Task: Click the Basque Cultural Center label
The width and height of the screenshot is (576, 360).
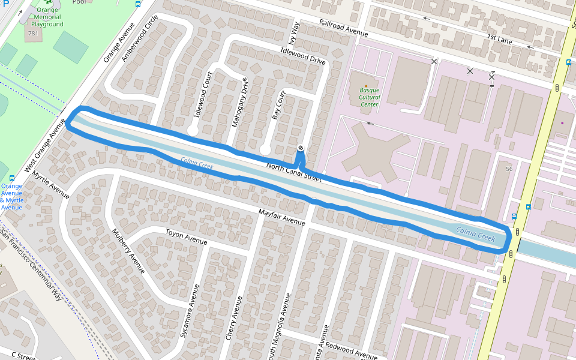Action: [x=370, y=97]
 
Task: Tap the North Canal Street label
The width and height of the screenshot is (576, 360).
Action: [x=293, y=172]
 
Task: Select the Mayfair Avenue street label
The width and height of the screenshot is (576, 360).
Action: [x=282, y=217]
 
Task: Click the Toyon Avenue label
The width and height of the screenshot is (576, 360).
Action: [x=186, y=237]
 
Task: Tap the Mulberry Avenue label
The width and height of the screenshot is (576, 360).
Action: [x=129, y=250]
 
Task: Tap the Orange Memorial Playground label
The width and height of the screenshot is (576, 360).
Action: [x=48, y=17]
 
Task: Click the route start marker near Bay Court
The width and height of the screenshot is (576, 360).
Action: [x=300, y=148]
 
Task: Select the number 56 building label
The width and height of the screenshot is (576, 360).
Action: [x=509, y=169]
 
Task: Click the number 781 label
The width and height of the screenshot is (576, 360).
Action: [x=33, y=33]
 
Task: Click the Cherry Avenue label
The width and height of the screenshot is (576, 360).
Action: [x=234, y=319]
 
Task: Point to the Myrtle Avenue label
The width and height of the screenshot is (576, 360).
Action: [x=52, y=185]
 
